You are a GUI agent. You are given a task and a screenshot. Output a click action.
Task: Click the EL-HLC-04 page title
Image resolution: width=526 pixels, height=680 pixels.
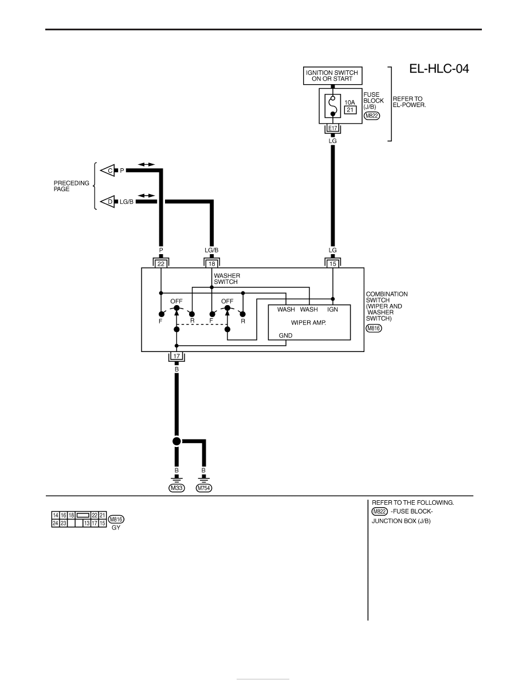point(439,69)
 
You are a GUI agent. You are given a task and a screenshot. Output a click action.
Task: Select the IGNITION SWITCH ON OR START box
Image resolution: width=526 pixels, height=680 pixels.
point(332,76)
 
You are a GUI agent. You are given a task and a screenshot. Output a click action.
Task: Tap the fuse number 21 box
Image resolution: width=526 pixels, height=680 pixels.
point(350,110)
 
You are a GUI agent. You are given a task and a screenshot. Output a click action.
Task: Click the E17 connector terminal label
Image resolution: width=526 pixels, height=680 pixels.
point(332,128)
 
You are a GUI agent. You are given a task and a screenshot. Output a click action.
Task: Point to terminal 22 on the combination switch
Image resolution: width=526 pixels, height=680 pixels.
point(161,264)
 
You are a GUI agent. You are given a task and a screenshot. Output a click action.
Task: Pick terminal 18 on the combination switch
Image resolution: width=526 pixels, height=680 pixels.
point(212,264)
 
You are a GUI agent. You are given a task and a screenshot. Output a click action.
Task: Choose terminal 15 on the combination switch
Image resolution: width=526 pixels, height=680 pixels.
point(333,264)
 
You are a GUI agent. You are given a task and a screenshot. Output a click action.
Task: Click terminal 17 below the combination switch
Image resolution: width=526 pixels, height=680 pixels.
point(176,356)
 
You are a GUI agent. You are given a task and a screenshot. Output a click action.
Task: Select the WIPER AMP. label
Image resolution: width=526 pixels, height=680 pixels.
point(309,323)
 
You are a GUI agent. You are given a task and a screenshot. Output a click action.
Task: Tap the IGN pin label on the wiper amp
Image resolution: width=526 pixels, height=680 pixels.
point(332,309)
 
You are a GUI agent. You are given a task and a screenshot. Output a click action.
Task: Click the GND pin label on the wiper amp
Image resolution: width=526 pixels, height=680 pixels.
point(285,335)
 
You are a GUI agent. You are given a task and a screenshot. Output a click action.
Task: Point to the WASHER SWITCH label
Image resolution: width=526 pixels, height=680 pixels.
point(226,278)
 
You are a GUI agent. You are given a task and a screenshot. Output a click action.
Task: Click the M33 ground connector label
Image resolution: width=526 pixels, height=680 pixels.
point(176,488)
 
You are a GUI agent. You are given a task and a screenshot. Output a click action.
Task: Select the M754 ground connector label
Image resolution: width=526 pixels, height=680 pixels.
point(203,488)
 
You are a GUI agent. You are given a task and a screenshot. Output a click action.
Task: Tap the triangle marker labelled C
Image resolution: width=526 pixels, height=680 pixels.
point(108,171)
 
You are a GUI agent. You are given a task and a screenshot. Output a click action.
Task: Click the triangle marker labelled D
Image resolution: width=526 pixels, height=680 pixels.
point(108,201)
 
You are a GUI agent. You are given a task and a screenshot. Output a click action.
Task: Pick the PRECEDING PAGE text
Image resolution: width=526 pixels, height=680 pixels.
point(71,186)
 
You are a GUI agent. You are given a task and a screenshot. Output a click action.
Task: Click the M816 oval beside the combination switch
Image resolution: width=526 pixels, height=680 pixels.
point(374,329)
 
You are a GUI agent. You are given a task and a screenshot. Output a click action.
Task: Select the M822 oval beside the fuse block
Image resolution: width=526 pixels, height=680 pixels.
point(371,116)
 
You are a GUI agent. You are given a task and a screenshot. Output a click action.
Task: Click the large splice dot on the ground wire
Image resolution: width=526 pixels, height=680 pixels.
point(176,441)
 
